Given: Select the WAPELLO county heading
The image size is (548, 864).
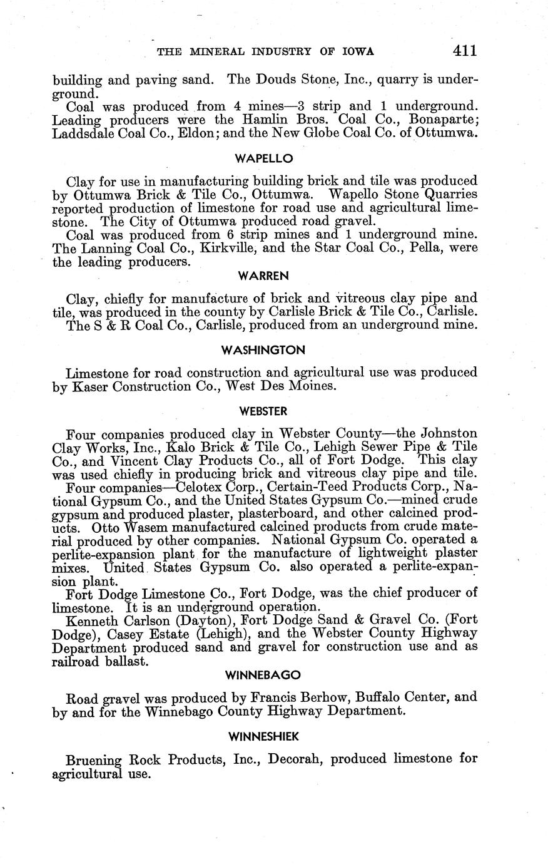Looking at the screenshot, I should pos(264,158).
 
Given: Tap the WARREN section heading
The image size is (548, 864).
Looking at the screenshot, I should pos(264,275).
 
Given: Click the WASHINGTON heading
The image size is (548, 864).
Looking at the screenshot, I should pos(264,350).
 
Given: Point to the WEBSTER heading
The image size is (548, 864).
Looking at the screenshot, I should pos(264,411).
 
